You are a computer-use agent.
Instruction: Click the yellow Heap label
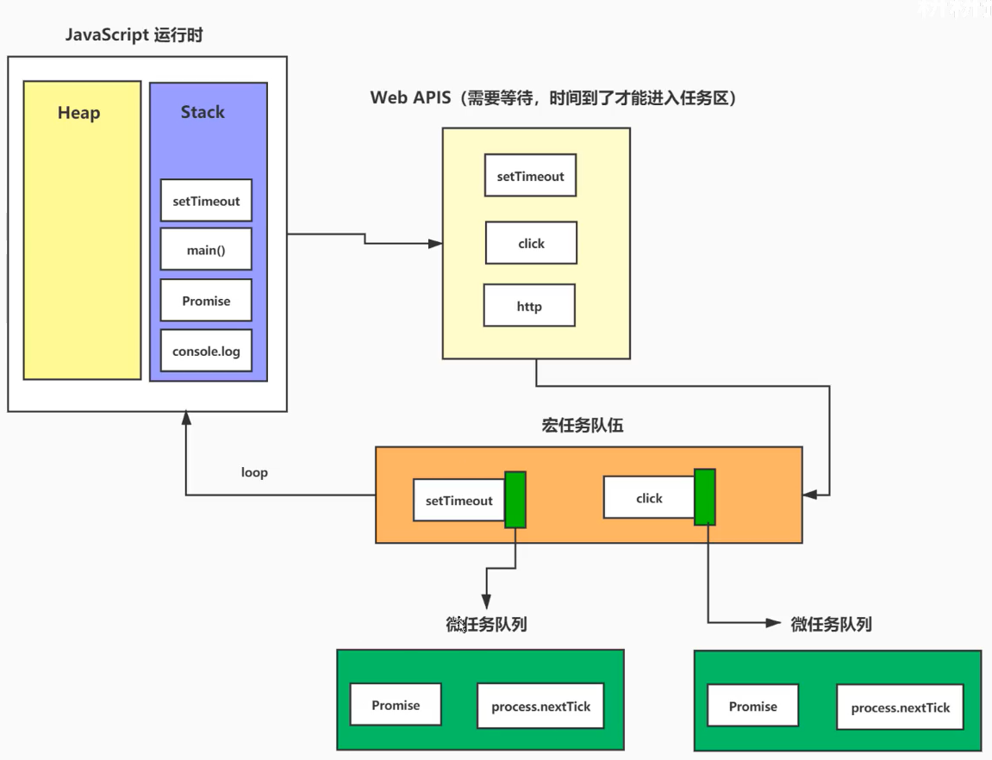tap(78, 113)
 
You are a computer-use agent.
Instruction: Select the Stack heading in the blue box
tap(203, 112)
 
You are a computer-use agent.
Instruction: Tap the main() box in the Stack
tap(206, 251)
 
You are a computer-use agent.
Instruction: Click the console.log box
tap(206, 351)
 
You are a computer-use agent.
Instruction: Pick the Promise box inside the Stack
tap(206, 301)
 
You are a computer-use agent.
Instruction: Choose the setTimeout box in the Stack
tap(206, 201)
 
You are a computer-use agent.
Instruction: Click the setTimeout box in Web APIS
tap(530, 176)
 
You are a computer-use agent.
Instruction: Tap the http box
tap(529, 306)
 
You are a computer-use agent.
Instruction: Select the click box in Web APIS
tap(531, 243)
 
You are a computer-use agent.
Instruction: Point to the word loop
tap(254, 472)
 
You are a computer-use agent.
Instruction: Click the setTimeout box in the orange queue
tap(459, 501)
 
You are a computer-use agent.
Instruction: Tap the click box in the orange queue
tap(649, 498)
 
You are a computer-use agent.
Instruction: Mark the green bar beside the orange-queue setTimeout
tap(515, 500)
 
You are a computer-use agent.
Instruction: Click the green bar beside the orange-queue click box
tap(705, 497)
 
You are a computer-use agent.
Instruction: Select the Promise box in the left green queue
tap(396, 705)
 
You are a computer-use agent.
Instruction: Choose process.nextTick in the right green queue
tap(900, 707)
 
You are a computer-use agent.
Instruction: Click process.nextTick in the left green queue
tap(541, 706)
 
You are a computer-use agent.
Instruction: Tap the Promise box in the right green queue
tap(752, 707)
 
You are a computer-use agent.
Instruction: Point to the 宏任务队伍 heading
tap(582, 426)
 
